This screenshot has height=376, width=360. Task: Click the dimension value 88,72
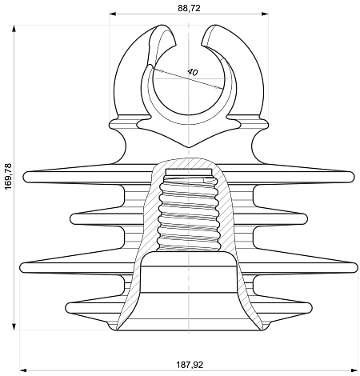(189, 8)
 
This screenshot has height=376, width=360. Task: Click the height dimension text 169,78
(9, 177)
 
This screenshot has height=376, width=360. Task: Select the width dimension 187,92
(190, 365)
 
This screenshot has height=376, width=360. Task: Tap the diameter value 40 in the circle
(192, 72)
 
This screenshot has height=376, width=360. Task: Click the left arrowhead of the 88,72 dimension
(113, 14)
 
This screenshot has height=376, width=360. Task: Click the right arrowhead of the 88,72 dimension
(265, 14)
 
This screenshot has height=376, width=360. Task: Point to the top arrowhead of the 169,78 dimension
(14, 29)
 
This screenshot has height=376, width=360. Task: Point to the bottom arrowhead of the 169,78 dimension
(14, 326)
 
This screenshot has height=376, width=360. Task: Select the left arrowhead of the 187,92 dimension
(23, 370)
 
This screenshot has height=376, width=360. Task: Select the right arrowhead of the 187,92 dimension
(354, 370)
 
